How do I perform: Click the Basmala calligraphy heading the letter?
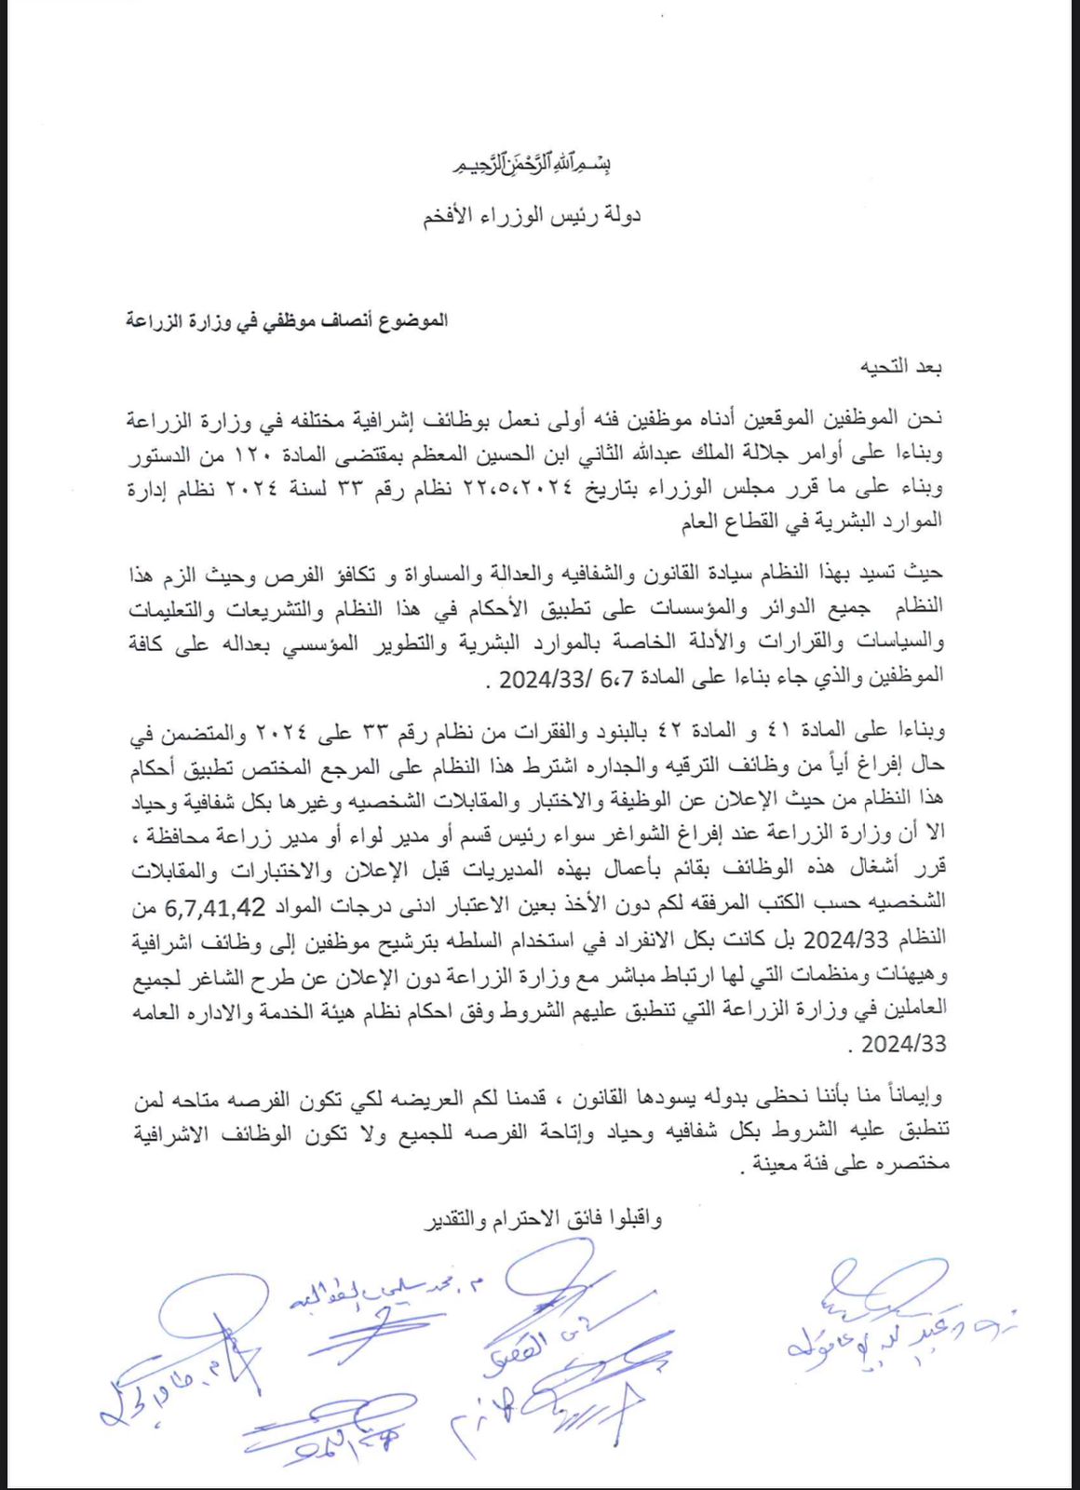[531, 166]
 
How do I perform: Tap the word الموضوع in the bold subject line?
[410, 320]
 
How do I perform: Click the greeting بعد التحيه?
[902, 367]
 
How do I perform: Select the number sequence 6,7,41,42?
[216, 906]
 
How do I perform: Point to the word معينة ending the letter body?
[785, 1164]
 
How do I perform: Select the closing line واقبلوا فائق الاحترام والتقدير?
[544, 1217]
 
